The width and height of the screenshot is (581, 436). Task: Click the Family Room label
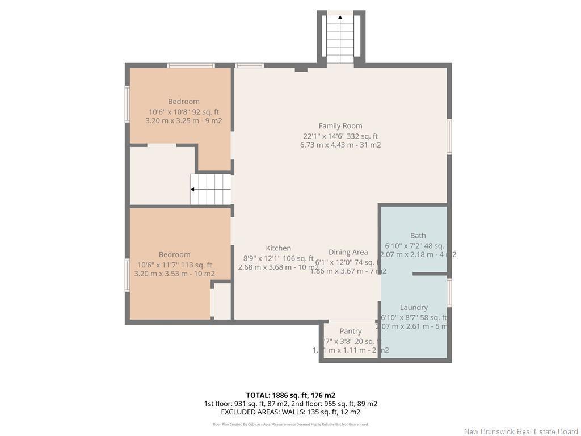pyautogui.click(x=340, y=126)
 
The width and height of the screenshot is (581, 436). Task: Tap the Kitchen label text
pyautogui.click(x=279, y=248)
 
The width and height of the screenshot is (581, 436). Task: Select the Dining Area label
pyautogui.click(x=348, y=252)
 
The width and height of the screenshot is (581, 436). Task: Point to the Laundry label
pyautogui.click(x=414, y=307)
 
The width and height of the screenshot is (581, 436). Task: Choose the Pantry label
pyautogui.click(x=351, y=331)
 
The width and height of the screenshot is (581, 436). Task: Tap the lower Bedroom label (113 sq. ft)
pyautogui.click(x=174, y=255)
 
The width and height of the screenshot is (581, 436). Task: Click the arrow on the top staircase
pyautogui.click(x=340, y=18)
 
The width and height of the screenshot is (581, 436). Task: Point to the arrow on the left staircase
pyautogui.click(x=193, y=190)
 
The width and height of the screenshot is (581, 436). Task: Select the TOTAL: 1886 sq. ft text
pyautogui.click(x=290, y=395)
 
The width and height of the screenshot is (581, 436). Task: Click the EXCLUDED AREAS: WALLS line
pyautogui.click(x=290, y=412)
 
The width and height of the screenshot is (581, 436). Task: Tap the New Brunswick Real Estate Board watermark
pyautogui.click(x=521, y=431)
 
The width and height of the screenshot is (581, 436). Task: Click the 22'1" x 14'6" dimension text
pyautogui.click(x=340, y=136)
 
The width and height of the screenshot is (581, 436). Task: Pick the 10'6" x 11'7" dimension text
pyautogui.click(x=174, y=265)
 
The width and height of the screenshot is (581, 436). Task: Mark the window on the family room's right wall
pyautogui.click(x=449, y=137)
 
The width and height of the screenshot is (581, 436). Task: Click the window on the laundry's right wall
pyautogui.click(x=449, y=293)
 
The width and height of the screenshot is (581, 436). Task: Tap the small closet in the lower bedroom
pyautogui.click(x=221, y=301)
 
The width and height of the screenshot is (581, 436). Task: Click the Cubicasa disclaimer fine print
pyautogui.click(x=290, y=424)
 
